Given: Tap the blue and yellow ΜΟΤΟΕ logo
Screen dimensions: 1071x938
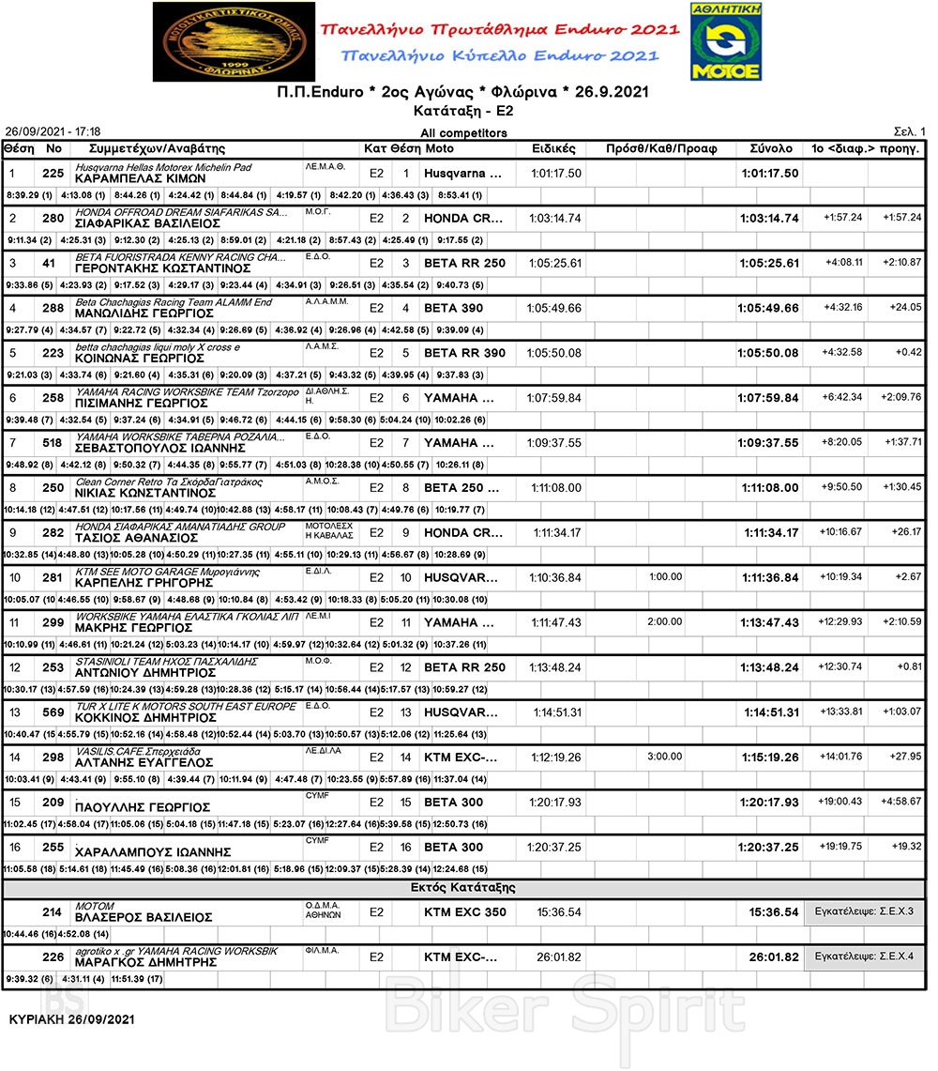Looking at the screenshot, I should (725, 41).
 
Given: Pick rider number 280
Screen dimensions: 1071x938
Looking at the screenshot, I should (53, 218).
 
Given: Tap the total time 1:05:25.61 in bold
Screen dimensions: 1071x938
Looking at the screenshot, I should (768, 264).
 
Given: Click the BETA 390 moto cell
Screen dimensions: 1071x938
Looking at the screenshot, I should (454, 308).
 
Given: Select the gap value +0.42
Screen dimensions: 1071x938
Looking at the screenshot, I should (908, 353).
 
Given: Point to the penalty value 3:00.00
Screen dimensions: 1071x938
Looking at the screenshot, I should (665, 757).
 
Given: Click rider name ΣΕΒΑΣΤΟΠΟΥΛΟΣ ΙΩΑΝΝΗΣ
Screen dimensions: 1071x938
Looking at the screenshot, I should (159, 448).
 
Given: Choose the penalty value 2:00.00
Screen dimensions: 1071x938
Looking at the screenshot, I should (665, 621).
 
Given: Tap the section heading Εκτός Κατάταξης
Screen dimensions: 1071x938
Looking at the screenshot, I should (463, 887).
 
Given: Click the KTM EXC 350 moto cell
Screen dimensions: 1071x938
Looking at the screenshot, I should (464, 911).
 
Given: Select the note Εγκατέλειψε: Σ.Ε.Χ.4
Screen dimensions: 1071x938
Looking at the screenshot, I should (864, 956).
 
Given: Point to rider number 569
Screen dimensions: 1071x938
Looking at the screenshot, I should (53, 711).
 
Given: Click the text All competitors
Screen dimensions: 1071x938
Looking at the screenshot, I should (463, 133).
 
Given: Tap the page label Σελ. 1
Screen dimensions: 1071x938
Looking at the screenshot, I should (909, 131).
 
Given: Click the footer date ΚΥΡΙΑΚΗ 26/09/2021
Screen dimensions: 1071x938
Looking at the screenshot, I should (72, 1019).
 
